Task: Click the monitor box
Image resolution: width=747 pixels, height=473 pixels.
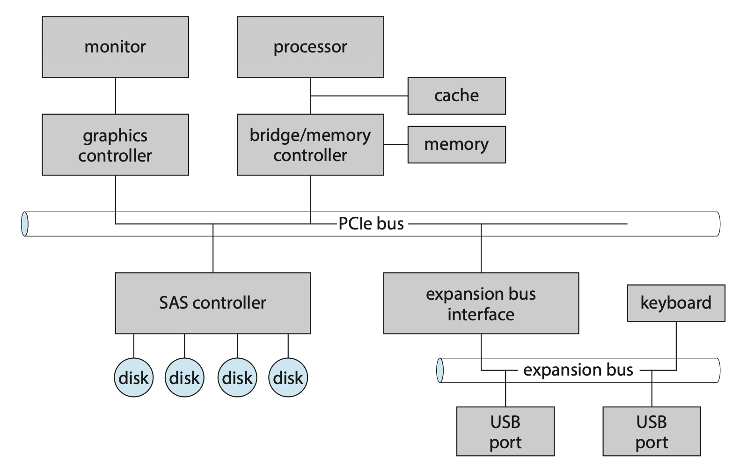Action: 115,47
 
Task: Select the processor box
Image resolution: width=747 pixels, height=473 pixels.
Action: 310,47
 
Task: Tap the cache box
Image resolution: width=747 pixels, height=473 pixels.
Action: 456,96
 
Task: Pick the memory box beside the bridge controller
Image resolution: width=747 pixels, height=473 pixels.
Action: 456,144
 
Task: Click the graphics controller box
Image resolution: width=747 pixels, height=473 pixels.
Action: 115,145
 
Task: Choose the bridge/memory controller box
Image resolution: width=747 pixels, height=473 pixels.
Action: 310,145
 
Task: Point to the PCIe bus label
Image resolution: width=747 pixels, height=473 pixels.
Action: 371,224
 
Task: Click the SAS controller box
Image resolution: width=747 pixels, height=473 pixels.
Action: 213,303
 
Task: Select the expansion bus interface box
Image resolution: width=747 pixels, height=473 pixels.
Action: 481,303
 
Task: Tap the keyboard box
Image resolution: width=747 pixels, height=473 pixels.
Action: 676,303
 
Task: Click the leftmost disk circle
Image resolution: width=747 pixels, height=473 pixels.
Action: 134,377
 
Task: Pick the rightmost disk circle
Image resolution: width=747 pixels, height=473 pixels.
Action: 288,377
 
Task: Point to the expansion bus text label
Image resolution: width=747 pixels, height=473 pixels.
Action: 578,370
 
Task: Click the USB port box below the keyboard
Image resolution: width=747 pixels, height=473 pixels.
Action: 652,431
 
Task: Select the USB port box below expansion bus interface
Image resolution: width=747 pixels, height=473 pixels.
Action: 505,431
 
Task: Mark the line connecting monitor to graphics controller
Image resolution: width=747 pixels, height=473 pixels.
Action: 115,96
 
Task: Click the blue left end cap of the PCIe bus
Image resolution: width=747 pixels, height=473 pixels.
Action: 24,224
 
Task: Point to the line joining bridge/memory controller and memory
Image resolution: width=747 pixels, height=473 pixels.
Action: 395,145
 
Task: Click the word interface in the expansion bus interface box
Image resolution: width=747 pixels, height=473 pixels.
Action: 481,314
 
